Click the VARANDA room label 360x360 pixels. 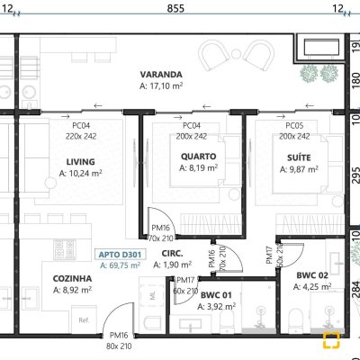[x=162, y=75]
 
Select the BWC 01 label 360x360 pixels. [x=217, y=294]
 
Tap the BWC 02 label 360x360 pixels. [x=311, y=275]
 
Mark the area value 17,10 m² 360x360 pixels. [x=162, y=86]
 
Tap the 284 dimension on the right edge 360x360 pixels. [x=355, y=289]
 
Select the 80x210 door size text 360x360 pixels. [x=119, y=346]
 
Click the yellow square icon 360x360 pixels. [x=332, y=341]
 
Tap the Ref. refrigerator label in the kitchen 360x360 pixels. [x=84, y=320]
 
